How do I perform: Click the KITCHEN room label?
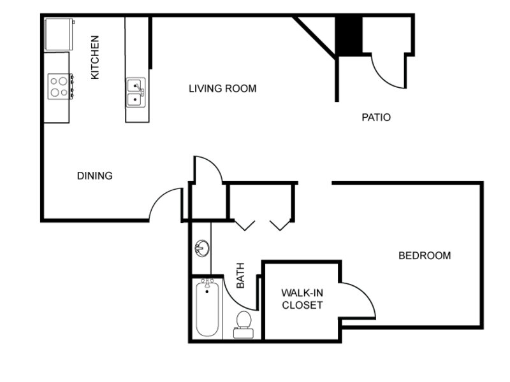click(x=94, y=57)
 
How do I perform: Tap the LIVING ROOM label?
click(x=222, y=88)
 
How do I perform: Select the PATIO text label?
click(x=376, y=117)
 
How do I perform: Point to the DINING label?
click(x=94, y=176)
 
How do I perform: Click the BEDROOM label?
click(x=425, y=256)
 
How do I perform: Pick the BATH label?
click(x=240, y=276)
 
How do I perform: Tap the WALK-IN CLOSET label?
click(x=302, y=299)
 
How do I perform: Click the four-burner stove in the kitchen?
click(x=61, y=87)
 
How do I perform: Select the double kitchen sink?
click(x=136, y=92)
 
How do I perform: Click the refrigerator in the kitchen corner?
click(x=59, y=34)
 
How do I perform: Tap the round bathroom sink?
click(x=202, y=248)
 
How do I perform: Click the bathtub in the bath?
click(x=207, y=308)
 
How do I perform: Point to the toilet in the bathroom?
click(x=244, y=325)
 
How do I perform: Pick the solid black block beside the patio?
click(x=349, y=35)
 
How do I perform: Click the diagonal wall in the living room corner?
click(x=315, y=38)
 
